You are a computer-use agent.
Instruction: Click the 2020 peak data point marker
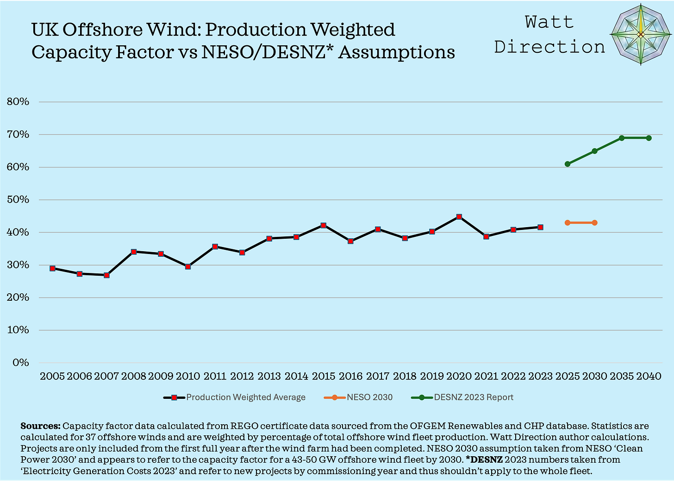click(459, 217)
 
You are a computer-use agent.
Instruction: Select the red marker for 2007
click(106, 275)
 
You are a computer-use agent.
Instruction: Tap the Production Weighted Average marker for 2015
click(324, 225)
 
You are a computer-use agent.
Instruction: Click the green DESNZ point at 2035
click(622, 138)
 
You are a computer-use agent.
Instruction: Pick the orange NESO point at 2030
click(594, 223)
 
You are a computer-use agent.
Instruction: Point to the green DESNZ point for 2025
click(568, 164)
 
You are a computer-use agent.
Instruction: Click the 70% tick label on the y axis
click(18, 135)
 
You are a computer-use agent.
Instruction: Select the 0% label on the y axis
click(20, 363)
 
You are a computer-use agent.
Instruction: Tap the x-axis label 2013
click(269, 376)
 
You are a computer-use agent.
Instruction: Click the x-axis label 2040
click(649, 376)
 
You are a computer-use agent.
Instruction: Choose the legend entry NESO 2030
click(369, 397)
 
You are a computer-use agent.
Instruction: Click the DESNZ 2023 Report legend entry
click(473, 397)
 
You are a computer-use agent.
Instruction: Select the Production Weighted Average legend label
click(245, 397)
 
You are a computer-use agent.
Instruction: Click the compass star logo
click(641, 34)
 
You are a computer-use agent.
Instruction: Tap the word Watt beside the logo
click(549, 22)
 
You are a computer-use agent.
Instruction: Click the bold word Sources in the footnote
click(41, 426)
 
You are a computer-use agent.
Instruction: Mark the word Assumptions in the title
click(396, 52)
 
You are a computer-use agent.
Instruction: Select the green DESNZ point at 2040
click(649, 138)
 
